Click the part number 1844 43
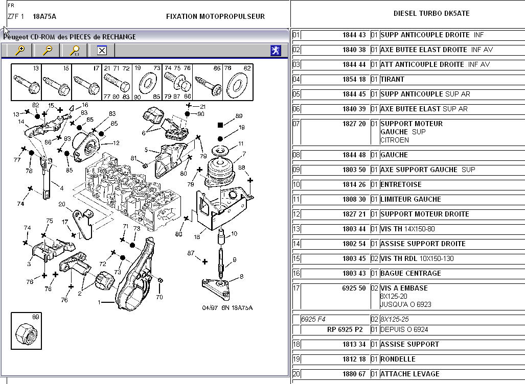(354, 35)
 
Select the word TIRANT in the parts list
(392, 80)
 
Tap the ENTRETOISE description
(401, 185)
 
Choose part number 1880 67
(354, 374)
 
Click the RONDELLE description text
(398, 359)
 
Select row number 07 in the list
(296, 124)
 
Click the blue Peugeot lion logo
(276, 51)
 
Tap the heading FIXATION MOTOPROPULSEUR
(215, 16)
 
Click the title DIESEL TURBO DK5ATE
(431, 13)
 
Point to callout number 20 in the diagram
(62, 204)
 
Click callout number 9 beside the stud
(235, 260)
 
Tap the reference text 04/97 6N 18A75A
(227, 308)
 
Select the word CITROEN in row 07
(394, 140)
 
